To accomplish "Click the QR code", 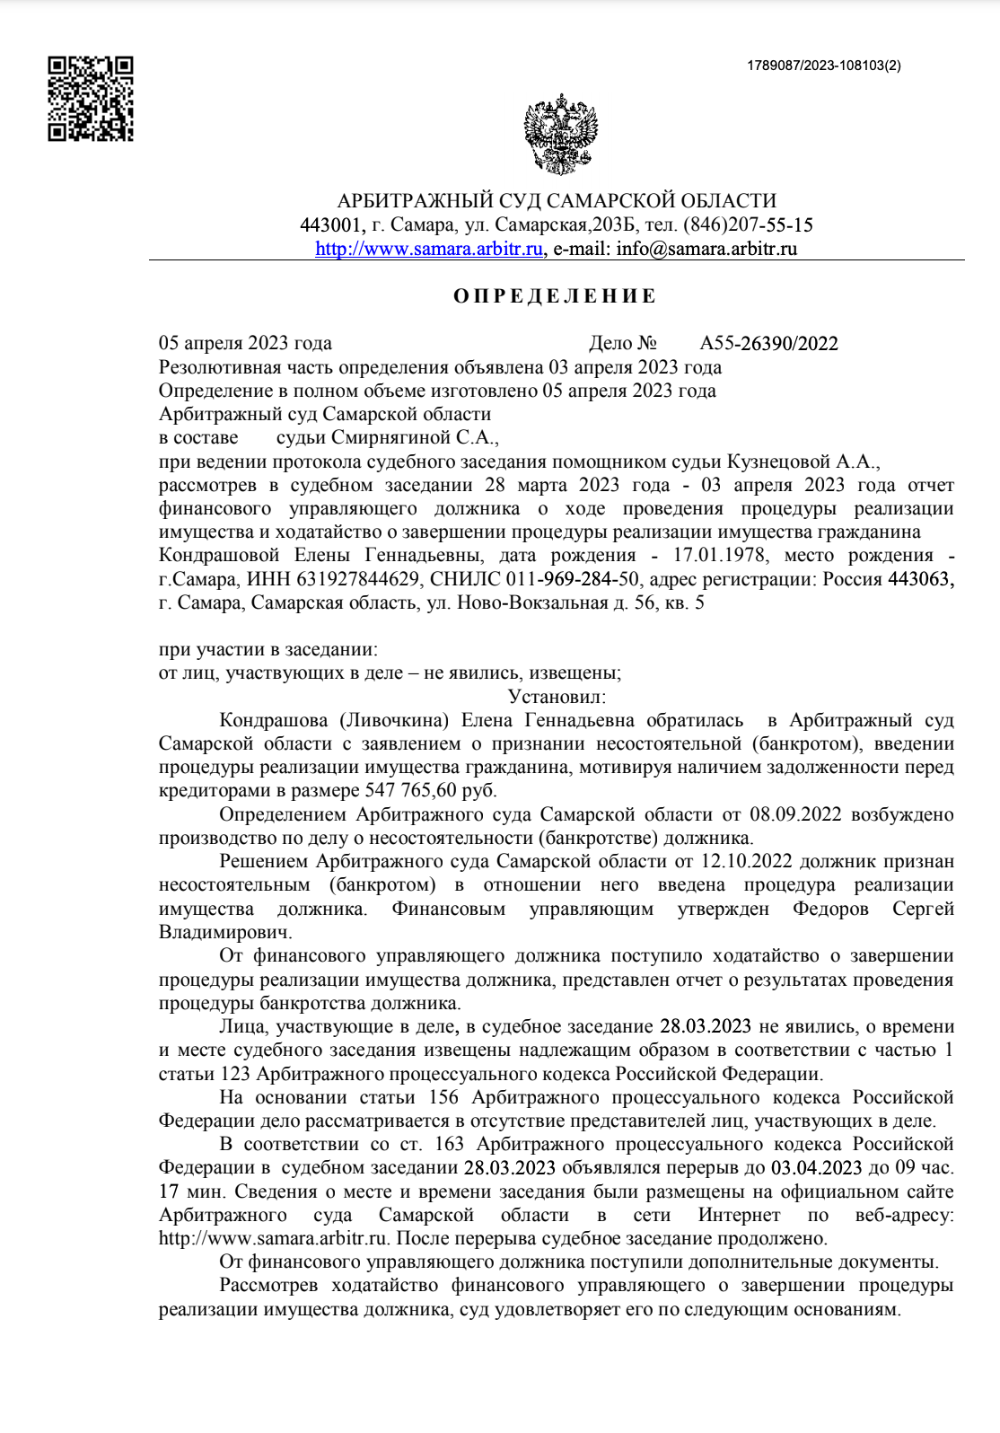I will pyautogui.click(x=90, y=99).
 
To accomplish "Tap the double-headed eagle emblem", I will pyautogui.click(x=560, y=135).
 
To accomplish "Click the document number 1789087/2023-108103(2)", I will pyautogui.click(x=824, y=66).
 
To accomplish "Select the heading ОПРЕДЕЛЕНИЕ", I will pyautogui.click(x=555, y=296).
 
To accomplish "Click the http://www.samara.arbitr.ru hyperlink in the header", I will pyautogui.click(x=429, y=249).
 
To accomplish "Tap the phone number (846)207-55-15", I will pyautogui.click(x=748, y=224).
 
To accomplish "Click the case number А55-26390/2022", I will pyautogui.click(x=768, y=343).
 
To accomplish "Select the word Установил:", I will pyautogui.click(x=557, y=697).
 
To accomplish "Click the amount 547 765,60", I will pyautogui.click(x=410, y=791).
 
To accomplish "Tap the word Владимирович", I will pyautogui.click(x=224, y=932).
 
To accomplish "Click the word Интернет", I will pyautogui.click(x=739, y=1215).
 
